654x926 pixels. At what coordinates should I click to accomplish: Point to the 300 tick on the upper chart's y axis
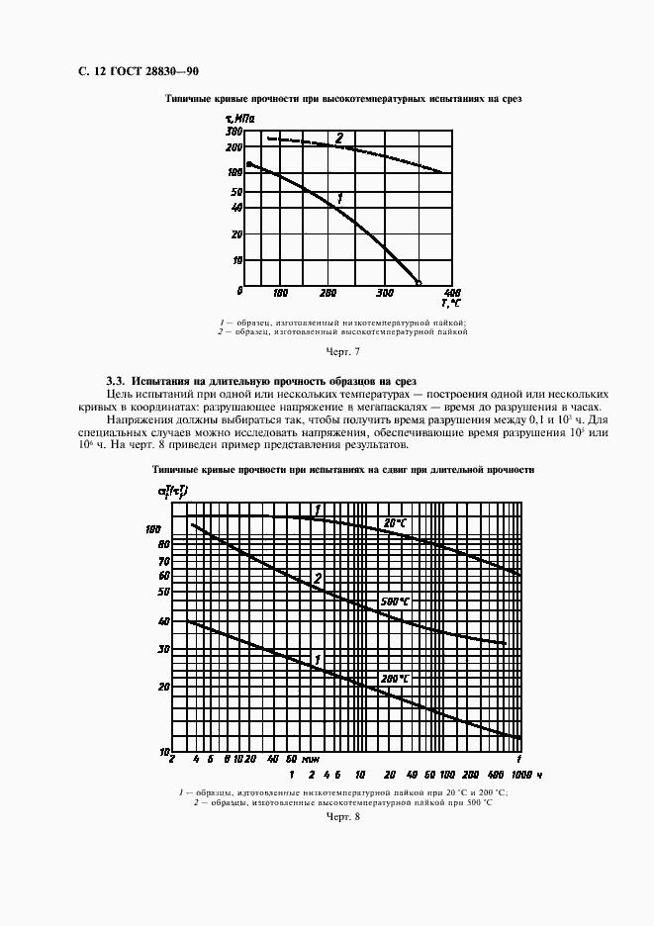(x=234, y=131)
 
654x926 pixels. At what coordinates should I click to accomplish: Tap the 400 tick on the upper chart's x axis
(x=451, y=294)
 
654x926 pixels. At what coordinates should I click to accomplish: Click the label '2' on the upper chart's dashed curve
(x=338, y=139)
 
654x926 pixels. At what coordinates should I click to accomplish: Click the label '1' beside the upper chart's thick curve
(x=339, y=198)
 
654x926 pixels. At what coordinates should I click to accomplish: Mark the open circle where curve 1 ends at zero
(x=419, y=284)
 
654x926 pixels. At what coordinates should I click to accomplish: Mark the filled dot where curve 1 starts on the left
(x=248, y=164)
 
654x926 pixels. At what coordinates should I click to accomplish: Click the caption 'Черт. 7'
(x=342, y=351)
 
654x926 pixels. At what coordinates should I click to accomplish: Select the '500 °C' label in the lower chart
(x=395, y=602)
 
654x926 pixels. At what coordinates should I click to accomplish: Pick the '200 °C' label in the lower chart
(x=395, y=678)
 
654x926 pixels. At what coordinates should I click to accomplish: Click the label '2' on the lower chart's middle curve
(x=318, y=578)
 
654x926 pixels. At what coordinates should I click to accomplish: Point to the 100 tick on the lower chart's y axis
(x=153, y=529)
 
